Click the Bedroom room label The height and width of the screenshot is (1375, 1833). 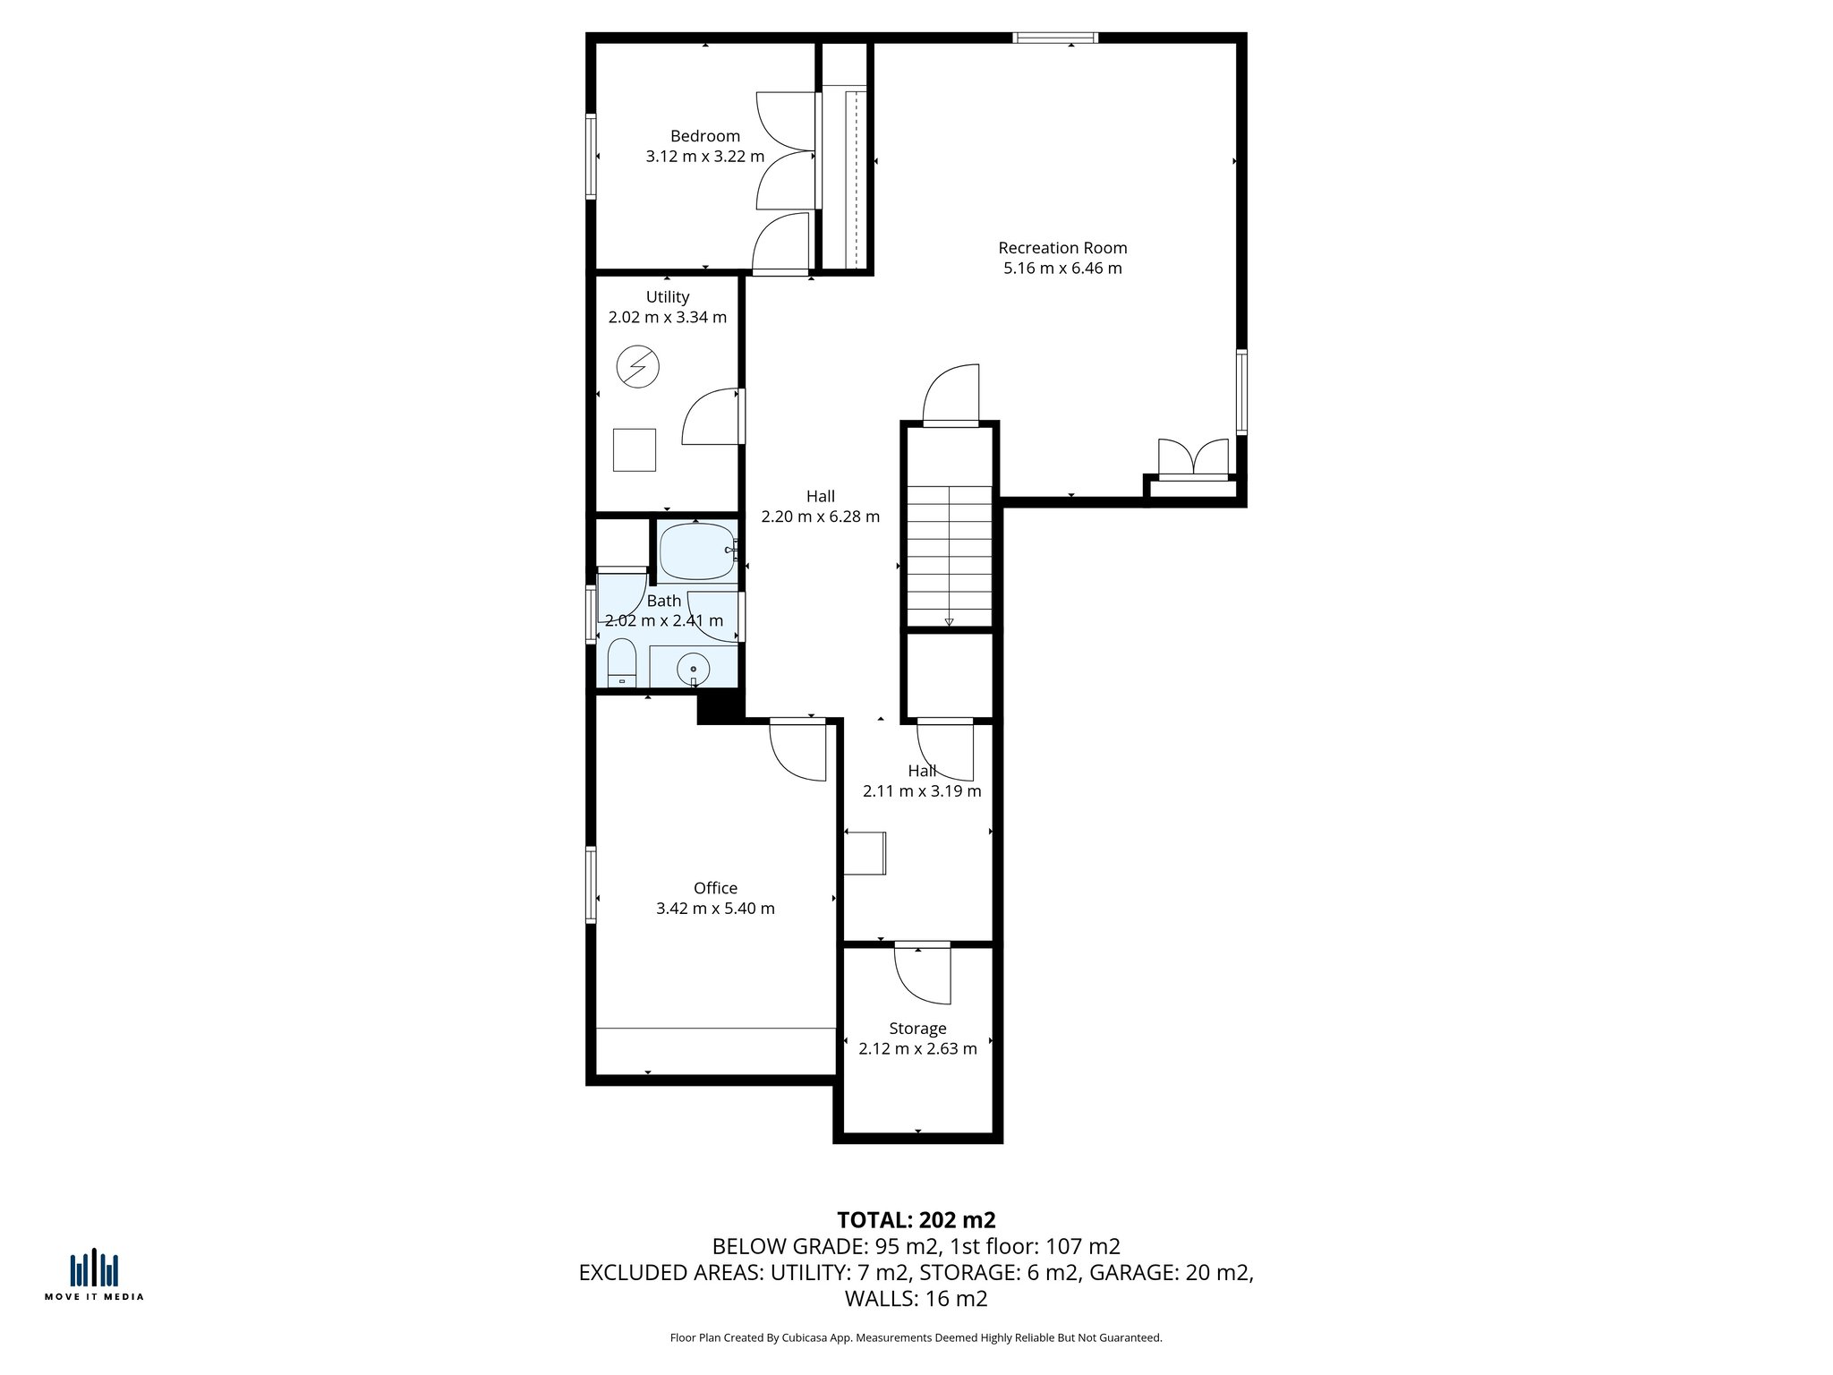704,136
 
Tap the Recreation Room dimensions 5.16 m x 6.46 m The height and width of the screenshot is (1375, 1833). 1062,269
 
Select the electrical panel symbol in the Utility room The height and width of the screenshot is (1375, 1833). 638,367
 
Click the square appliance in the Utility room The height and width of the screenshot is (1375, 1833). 634,450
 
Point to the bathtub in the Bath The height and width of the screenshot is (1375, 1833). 696,551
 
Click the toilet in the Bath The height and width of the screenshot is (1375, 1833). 621,662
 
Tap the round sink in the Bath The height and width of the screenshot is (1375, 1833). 693,669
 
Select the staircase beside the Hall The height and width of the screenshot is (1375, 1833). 950,555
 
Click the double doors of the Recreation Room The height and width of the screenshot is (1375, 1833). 1193,457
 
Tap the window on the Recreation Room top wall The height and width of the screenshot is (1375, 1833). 1055,38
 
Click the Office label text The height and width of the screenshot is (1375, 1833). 715,888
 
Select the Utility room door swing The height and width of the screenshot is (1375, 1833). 712,416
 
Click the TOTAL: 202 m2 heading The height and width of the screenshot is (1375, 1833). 916,1220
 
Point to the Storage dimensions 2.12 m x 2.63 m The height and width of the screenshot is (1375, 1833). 917,1049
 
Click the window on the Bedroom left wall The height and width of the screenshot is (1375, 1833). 591,156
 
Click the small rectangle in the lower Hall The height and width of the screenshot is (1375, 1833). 865,853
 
